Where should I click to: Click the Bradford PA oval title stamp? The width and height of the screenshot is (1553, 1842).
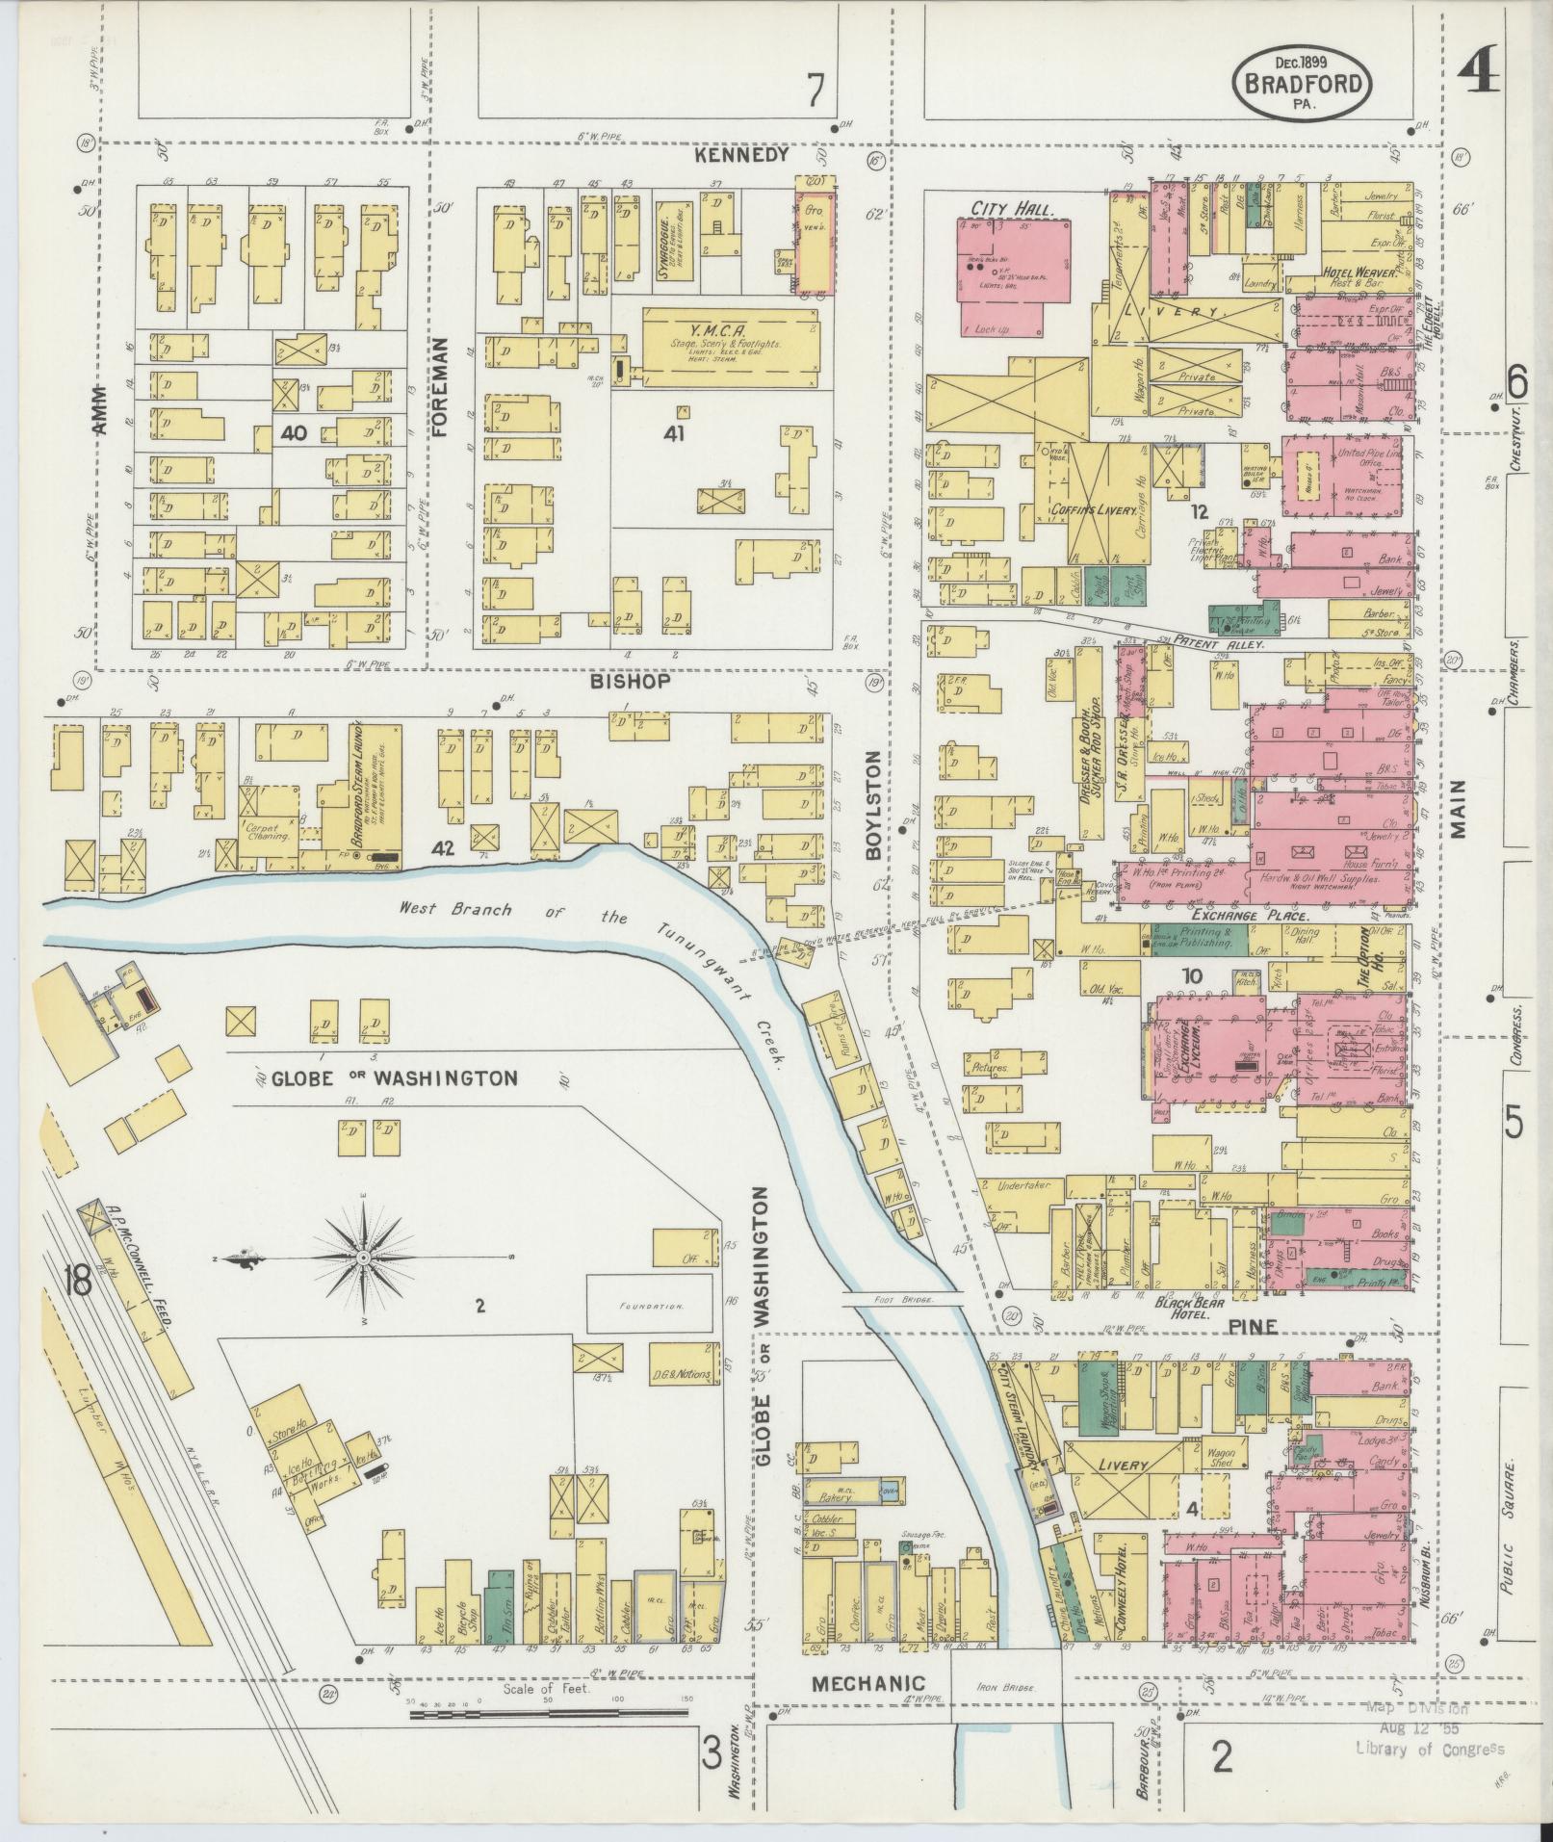coord(1303,85)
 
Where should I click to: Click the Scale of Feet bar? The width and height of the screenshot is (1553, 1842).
coord(548,1041)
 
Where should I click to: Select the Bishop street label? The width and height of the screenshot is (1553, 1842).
coord(630,681)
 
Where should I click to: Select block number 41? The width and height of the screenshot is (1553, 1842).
coord(673,434)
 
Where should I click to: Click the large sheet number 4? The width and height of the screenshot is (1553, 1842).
coord(1478,72)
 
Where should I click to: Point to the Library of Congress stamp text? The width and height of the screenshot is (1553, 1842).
coord(1430,1076)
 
